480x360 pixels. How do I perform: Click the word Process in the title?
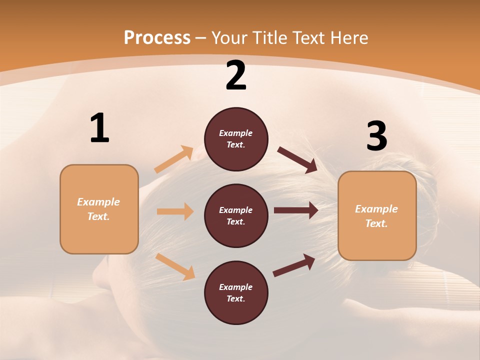pos(157,38)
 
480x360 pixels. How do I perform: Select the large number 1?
pos(99,128)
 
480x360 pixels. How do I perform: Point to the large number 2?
pos(236,75)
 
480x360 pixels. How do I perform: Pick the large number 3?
pos(376,136)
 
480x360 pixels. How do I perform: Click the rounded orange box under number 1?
pos(99,209)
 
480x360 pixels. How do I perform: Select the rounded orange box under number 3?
pos(377,216)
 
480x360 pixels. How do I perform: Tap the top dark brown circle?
pos(236,139)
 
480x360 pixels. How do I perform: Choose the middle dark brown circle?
pos(236,216)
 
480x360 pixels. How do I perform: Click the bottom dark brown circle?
pos(236,293)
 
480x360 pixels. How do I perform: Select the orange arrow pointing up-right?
pos(174,159)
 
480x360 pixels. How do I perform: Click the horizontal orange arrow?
pos(175,211)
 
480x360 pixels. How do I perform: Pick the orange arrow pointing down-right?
pos(175,266)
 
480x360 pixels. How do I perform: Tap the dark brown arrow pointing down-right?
pos(297,159)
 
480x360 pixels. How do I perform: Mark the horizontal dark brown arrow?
pos(296,210)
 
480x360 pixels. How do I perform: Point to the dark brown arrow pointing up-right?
pos(294,265)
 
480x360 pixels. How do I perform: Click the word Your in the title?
pos(230,38)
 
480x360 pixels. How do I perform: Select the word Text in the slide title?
pos(309,38)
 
